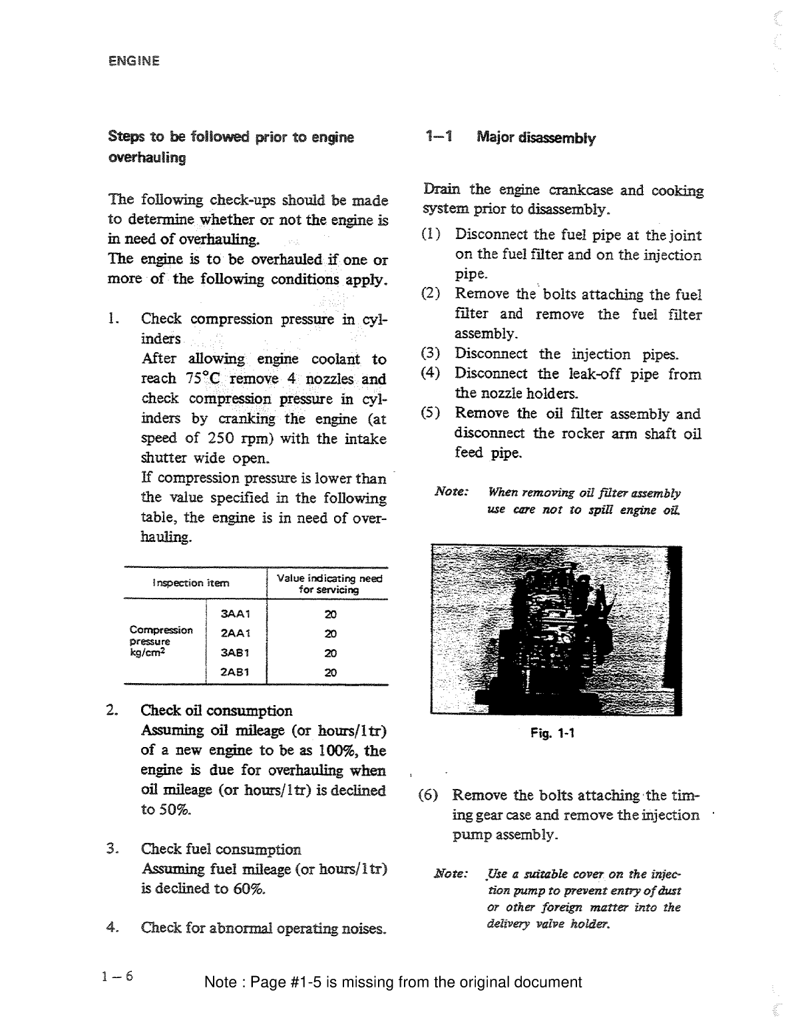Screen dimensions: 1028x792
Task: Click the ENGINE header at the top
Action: pos(133,61)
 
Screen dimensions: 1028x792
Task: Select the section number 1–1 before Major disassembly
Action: pos(439,138)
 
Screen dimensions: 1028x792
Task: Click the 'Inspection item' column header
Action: pos(191,583)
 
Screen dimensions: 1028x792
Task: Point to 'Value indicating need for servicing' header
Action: pos(329,584)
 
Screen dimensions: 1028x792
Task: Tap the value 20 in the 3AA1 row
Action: pos(330,614)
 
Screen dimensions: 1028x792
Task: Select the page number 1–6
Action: pos(118,977)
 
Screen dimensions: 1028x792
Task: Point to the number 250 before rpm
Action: pos(219,439)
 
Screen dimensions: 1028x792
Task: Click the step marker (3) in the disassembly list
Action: pos(431,354)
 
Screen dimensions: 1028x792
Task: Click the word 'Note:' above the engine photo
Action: pos(452,492)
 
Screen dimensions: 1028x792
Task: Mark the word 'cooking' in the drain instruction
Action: pos(678,191)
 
